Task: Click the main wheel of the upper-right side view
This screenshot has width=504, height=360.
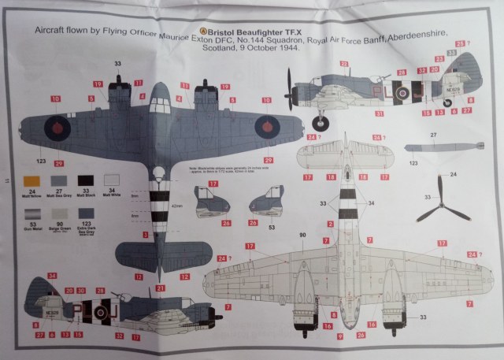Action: pyautogui.click(x=320, y=122)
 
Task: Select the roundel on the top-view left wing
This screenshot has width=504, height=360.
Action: pyautogui.click(x=59, y=124)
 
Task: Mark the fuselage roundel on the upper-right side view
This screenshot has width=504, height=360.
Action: pyautogui.click(x=401, y=93)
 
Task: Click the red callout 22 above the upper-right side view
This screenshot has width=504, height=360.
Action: pyautogui.click(x=343, y=62)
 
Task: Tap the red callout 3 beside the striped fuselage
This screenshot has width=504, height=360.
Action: pyautogui.click(x=145, y=234)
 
